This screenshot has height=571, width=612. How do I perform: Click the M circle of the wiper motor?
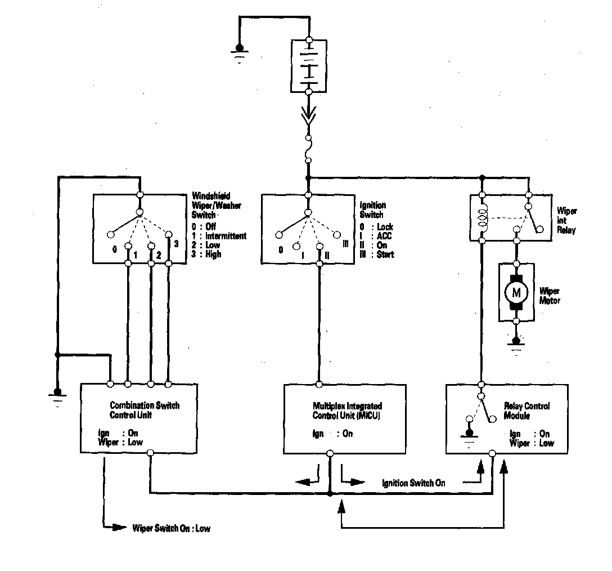pos(516,292)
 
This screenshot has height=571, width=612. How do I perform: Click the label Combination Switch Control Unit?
pos(145,410)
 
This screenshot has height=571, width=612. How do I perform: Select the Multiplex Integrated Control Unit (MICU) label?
pos(348,410)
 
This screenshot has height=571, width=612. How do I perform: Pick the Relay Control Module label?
pos(528,411)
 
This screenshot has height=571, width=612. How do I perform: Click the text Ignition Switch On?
pos(413,483)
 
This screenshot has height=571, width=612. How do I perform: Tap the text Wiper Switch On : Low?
pos(171,529)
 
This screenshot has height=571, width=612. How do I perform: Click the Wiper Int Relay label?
pos(566,221)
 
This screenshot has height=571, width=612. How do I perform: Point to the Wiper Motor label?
pos(550,296)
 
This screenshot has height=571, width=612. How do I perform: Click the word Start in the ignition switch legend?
pos(386,254)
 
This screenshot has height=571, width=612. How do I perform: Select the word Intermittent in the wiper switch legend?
pos(226,236)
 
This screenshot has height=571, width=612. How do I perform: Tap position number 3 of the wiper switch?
pos(176,243)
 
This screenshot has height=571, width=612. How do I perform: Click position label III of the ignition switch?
pos(345,243)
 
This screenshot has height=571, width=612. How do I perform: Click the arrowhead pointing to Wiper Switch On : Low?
pos(119,528)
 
